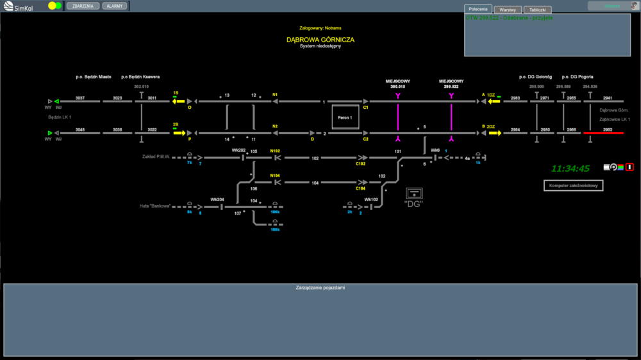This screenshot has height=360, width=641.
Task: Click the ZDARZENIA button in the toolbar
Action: coord(83,6)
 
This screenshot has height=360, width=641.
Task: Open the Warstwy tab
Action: coord(508,10)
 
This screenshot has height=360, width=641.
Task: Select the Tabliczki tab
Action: coord(537,10)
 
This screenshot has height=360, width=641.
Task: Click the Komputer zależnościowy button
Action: coord(573,186)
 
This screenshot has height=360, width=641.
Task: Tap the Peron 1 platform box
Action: coord(345,118)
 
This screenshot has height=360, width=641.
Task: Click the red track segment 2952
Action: coord(603,133)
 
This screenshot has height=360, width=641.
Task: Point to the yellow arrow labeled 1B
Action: coord(178,101)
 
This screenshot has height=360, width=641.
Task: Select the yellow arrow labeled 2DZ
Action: coord(493,133)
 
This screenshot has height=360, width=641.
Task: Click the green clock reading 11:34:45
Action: coord(570,168)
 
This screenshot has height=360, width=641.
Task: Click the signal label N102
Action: coord(275,151)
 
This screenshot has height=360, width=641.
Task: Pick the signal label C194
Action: coord(361,189)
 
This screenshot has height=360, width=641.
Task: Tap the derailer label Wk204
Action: coord(217,199)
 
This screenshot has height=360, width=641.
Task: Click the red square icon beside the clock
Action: coord(629,167)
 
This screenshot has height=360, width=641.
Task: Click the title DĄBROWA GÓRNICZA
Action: coord(320,40)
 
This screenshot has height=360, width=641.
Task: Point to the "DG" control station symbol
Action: coord(414,195)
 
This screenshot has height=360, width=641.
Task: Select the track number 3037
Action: coord(80,98)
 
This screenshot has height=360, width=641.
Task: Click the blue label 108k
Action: coord(274,229)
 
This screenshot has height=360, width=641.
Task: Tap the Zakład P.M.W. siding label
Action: coord(156,156)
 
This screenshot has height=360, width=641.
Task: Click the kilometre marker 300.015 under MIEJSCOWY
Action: coord(397,86)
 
